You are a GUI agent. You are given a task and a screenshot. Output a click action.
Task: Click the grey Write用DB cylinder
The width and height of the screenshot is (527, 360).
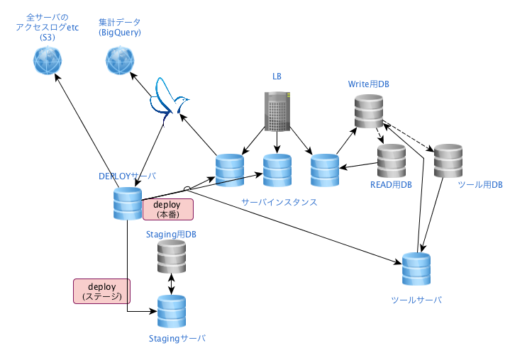coord(369,111)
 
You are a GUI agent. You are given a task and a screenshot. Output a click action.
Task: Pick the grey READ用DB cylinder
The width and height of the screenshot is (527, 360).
coord(391,161)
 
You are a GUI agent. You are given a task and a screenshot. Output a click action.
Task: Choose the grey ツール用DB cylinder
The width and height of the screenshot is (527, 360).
coord(448,161)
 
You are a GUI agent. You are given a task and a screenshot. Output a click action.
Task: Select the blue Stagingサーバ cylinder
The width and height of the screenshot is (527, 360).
coord(171,311)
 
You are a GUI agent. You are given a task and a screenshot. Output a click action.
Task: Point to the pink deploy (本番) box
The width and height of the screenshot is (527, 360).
coord(167,209)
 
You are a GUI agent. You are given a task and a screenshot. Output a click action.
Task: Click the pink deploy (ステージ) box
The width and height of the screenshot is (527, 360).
coord(102,291)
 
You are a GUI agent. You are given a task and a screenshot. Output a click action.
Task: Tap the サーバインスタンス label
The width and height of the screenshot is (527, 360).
coord(279,202)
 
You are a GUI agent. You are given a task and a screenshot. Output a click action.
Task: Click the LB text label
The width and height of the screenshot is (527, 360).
coord(277,75)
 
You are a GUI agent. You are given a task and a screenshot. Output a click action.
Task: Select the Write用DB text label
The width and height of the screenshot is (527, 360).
coord(368,84)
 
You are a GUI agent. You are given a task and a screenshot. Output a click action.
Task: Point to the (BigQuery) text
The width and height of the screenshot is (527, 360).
coord(120,33)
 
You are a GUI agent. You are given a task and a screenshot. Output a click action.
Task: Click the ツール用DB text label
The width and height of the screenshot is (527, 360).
coord(480,185)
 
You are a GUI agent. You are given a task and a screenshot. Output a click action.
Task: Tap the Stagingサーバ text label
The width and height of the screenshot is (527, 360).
coord(177,339)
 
